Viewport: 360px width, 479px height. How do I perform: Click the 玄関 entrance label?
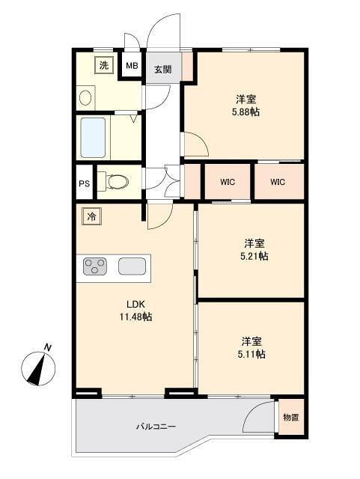(163, 69)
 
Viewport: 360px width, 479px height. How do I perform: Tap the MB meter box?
(132, 65)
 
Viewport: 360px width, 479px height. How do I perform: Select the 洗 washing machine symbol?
(104, 65)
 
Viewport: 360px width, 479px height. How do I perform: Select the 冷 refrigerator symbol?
(90, 217)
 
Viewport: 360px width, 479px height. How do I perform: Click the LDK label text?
(135, 304)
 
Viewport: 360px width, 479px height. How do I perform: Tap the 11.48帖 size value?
(135, 317)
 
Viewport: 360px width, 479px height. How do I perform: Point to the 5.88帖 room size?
(245, 112)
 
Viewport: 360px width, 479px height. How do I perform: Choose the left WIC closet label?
(228, 181)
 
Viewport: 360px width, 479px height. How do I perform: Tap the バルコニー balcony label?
(155, 427)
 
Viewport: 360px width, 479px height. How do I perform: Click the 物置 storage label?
(291, 418)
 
